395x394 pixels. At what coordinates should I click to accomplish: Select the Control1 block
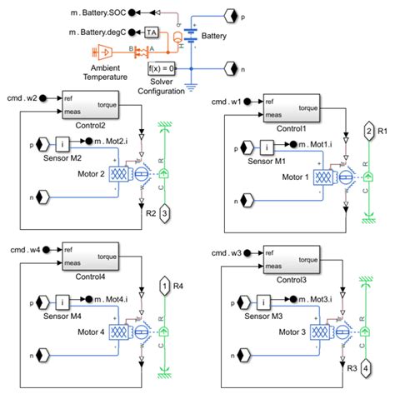[x=290, y=108]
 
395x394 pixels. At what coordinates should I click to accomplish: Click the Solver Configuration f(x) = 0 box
[x=162, y=68]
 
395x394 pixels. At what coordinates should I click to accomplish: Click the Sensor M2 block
[x=62, y=142]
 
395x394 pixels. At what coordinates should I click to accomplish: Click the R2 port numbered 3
[x=166, y=214]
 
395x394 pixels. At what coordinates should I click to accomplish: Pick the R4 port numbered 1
[x=166, y=287]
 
